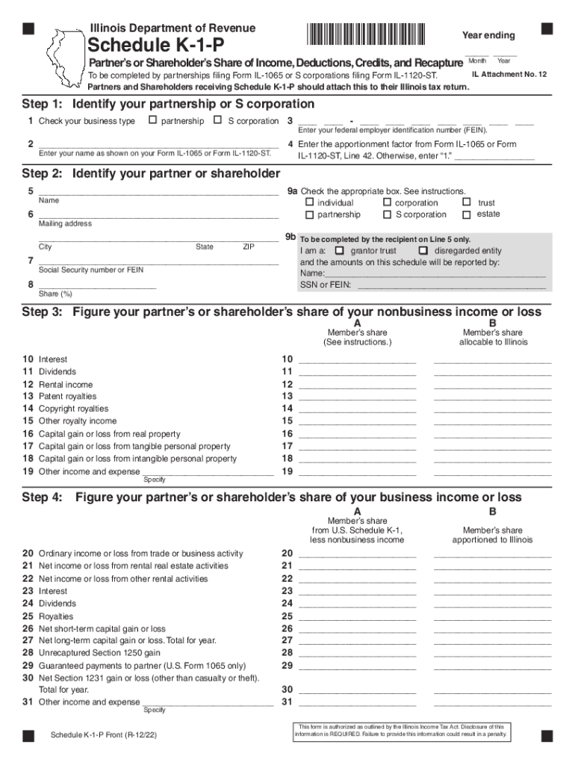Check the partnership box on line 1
tap(153, 120)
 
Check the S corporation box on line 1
tap(218, 120)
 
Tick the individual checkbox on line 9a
tap(310, 202)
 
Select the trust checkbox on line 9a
tap(467, 202)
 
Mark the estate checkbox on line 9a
tap(467, 215)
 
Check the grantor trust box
tap(340, 251)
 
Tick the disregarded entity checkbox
tap(423, 251)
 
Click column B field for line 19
tap(492, 471)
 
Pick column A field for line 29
tap(357, 665)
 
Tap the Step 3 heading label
tap(43, 313)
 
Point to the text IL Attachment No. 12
tap(509, 75)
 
